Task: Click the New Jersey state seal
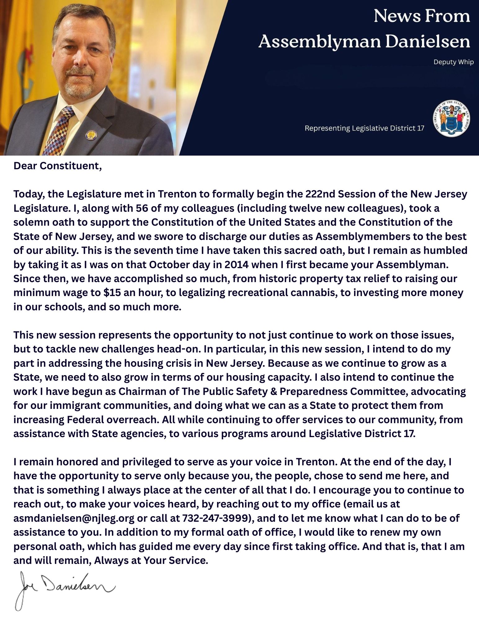pyautogui.click(x=451, y=118)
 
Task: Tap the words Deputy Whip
pyautogui.click(x=453, y=62)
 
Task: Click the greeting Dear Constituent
pyautogui.click(x=58, y=166)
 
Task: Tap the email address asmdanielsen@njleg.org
pyautogui.click(x=74, y=518)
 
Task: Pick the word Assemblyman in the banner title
pyautogui.click(x=319, y=42)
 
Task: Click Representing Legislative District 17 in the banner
pyautogui.click(x=364, y=128)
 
